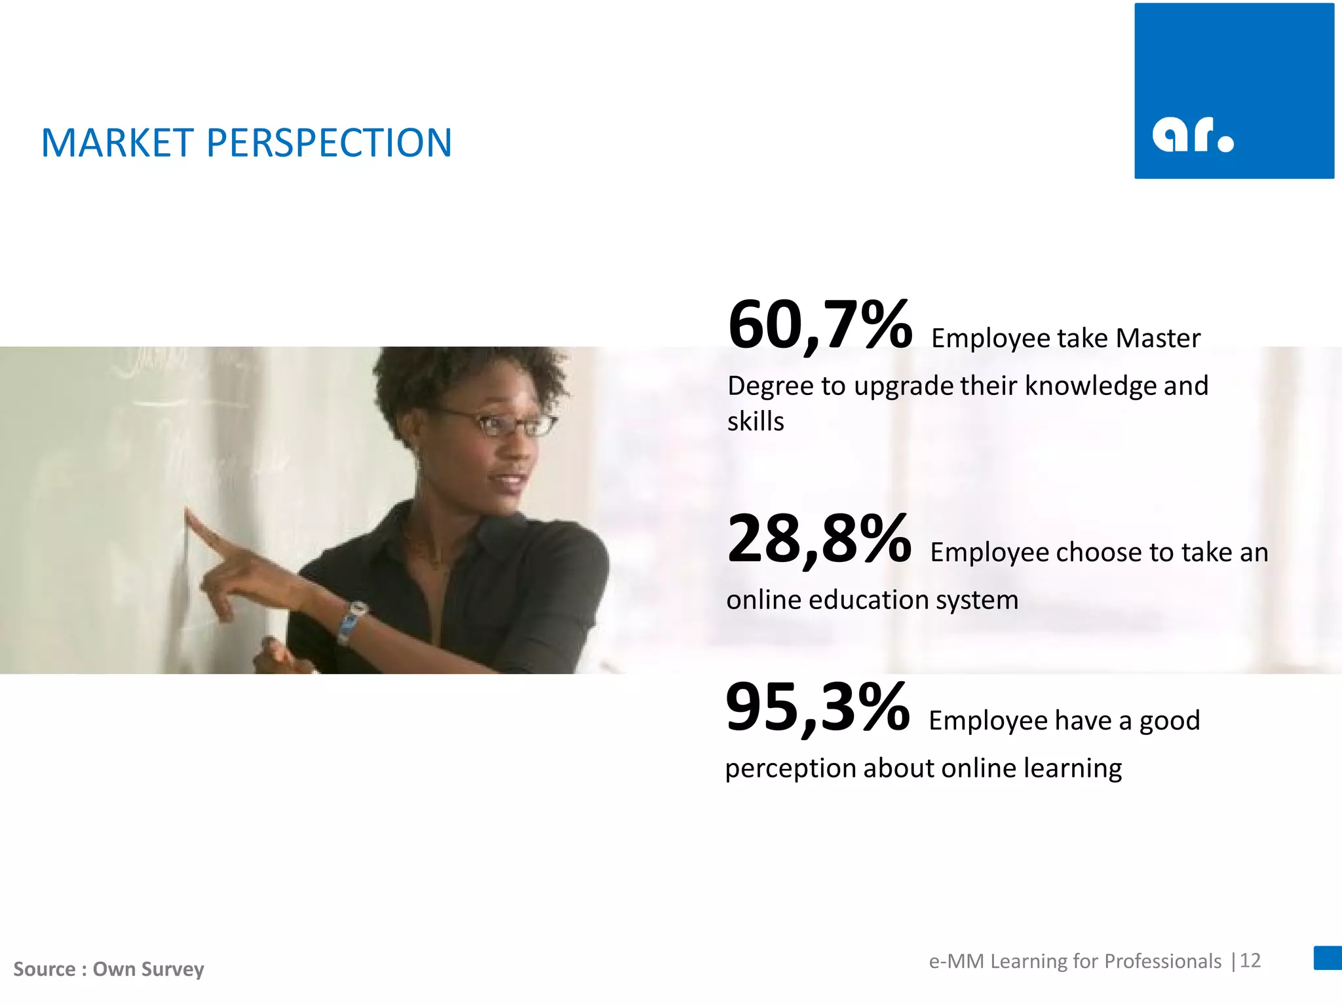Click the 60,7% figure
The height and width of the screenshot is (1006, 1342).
click(x=819, y=326)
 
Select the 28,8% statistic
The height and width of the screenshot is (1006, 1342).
click(x=819, y=540)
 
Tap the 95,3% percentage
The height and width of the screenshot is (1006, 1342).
click(x=817, y=708)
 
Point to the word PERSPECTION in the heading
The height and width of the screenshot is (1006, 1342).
click(x=329, y=143)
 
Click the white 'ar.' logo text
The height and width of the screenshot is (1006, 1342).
click(x=1193, y=135)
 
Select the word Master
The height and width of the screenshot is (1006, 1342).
click(x=1158, y=339)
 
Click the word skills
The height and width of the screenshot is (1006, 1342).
click(x=756, y=421)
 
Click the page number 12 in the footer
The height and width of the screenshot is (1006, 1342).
click(x=1250, y=961)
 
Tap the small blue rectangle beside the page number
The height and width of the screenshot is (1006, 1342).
click(x=1328, y=958)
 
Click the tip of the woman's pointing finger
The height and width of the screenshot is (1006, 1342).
click(x=189, y=514)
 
